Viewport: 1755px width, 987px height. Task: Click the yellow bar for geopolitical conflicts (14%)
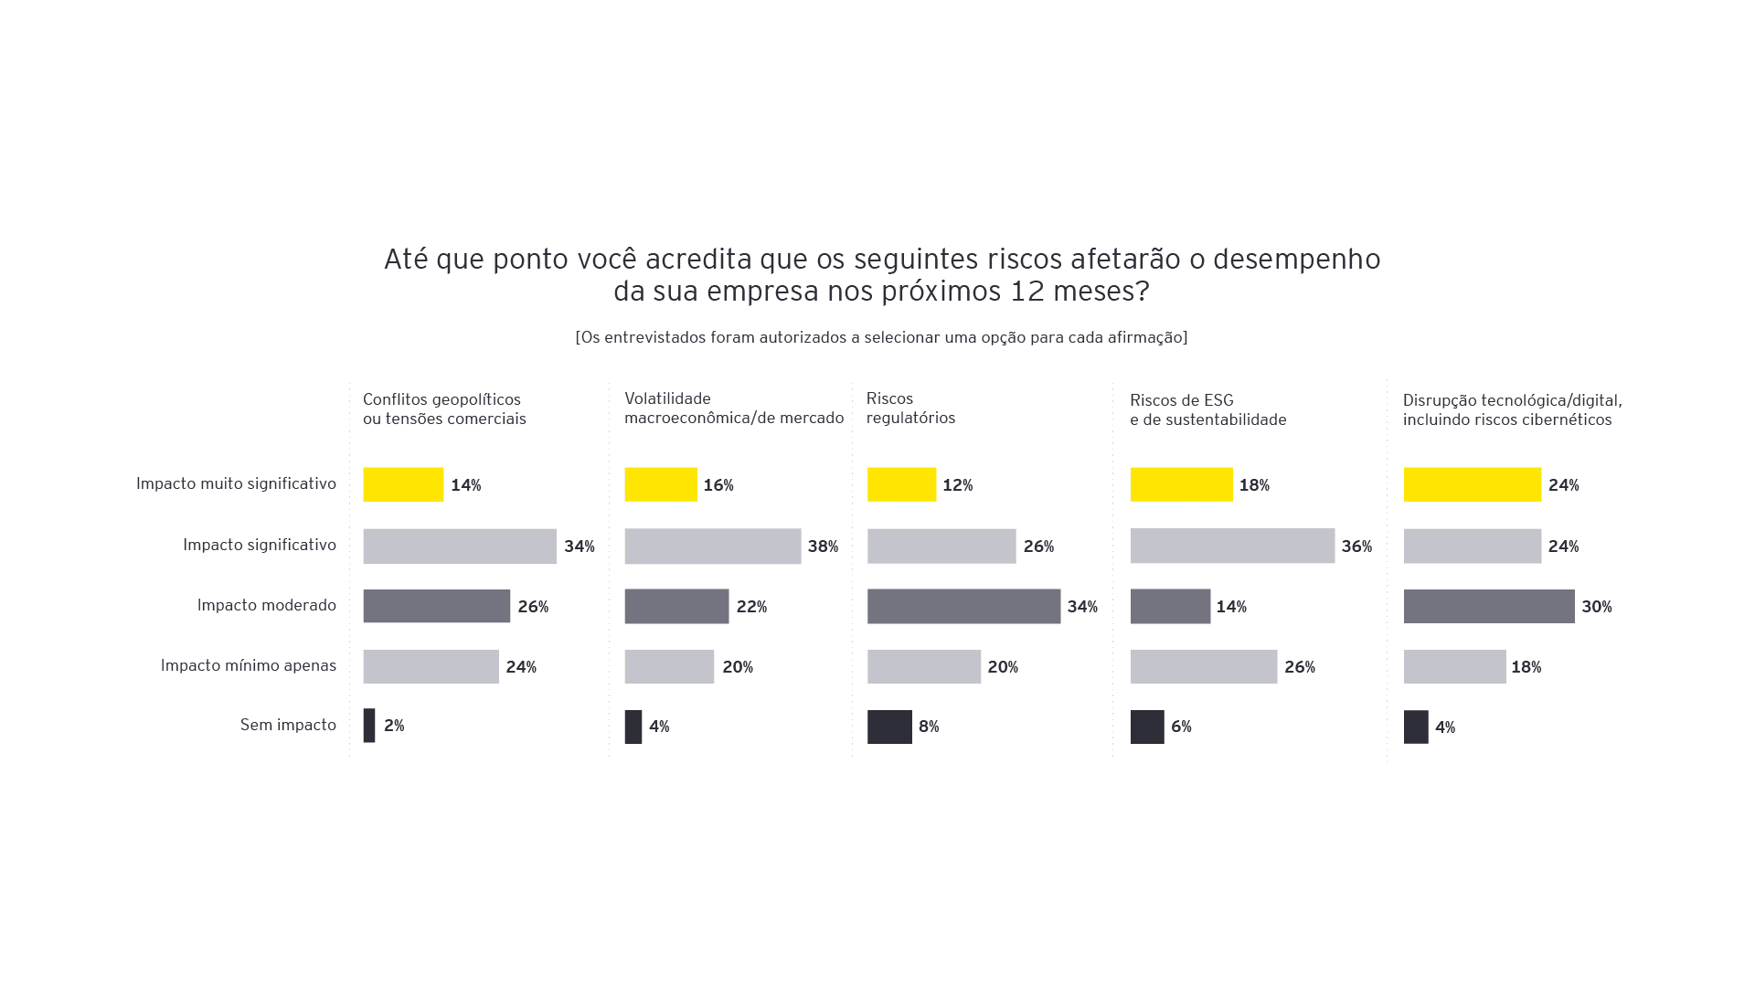point(403,484)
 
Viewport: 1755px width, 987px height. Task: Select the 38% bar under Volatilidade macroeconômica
point(713,546)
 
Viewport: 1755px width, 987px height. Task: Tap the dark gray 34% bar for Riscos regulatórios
point(963,606)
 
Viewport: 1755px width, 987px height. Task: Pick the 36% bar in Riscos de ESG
point(1232,546)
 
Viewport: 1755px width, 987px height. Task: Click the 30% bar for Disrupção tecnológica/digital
point(1489,606)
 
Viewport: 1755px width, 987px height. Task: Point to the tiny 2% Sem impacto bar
point(369,726)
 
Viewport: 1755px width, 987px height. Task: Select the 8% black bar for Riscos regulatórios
point(889,727)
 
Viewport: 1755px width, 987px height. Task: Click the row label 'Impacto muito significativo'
point(236,483)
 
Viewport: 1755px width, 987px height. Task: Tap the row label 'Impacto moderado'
point(266,605)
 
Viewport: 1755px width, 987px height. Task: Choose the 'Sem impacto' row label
point(288,725)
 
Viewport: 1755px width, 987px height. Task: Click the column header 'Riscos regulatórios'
point(910,409)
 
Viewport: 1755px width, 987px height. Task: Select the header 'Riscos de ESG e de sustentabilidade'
point(1207,410)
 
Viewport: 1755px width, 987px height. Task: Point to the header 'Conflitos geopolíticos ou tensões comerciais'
point(444,409)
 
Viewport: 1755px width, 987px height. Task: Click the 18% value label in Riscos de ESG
point(1254,485)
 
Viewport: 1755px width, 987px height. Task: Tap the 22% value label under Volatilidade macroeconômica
point(751,607)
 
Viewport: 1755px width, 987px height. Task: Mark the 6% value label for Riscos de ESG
point(1181,727)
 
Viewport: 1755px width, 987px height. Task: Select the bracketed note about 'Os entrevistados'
point(881,337)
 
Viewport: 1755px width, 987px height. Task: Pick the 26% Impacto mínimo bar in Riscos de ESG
point(1203,666)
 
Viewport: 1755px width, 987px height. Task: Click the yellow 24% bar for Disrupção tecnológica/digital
point(1472,484)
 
